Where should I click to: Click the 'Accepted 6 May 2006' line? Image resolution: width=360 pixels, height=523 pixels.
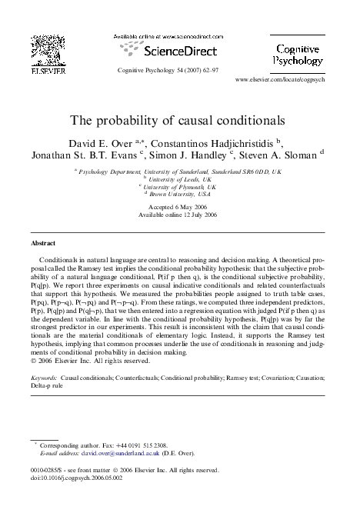(180, 208)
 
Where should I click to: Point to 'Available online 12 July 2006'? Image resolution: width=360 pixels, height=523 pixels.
(180, 215)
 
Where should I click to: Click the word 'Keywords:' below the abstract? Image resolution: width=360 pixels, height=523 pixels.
(45, 379)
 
